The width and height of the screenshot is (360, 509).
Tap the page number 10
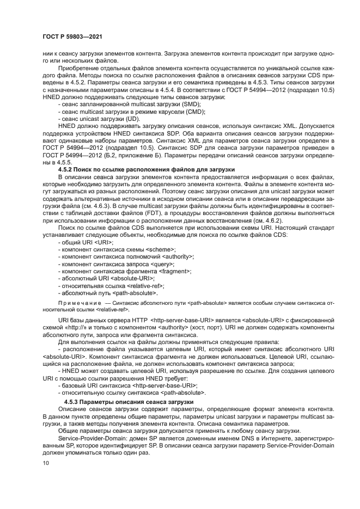pos(46,463)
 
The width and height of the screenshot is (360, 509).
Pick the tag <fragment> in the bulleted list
pos(171,271)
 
